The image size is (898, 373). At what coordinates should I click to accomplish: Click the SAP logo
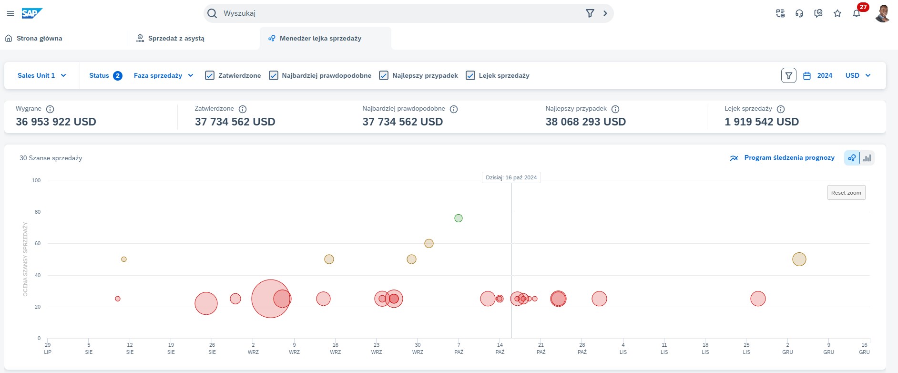tap(31, 13)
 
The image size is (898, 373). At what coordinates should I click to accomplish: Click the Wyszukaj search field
tap(400, 13)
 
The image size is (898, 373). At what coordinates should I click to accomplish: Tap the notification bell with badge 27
tap(857, 13)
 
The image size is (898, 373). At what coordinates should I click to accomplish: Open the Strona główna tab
tap(39, 38)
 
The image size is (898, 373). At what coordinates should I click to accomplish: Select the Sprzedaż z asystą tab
tap(176, 38)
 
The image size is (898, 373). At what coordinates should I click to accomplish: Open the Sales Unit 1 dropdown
tap(41, 75)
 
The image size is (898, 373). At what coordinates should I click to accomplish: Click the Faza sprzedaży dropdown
tap(163, 75)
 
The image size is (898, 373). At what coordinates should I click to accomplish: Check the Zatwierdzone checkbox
tap(210, 75)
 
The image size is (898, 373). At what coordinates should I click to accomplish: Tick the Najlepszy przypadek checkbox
tap(384, 75)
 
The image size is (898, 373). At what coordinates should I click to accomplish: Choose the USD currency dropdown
tap(858, 75)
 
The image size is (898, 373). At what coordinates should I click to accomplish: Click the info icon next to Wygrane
tap(50, 109)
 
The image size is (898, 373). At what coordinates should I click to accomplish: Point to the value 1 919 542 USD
tap(761, 122)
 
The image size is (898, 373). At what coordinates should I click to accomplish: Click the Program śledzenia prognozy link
tap(789, 158)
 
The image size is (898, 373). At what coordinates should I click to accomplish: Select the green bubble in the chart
tap(459, 218)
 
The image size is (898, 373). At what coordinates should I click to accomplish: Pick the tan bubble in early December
tap(799, 259)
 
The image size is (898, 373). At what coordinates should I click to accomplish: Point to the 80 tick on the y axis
tap(37, 212)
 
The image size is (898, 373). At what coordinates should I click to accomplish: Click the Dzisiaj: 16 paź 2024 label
tap(511, 177)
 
